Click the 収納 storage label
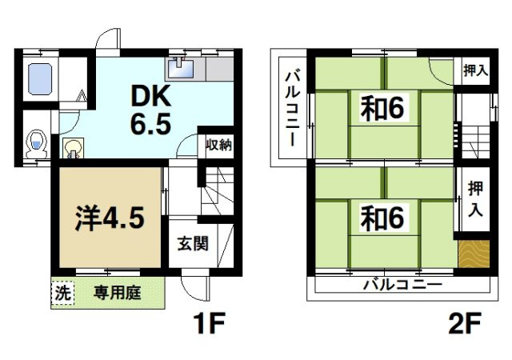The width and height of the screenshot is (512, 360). coord(218,145)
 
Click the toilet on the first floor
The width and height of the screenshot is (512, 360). coord(35,144)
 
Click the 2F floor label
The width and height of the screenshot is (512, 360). coord(465,326)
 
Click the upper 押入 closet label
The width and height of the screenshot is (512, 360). coord(475,70)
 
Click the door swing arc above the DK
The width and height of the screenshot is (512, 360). coord(105,41)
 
